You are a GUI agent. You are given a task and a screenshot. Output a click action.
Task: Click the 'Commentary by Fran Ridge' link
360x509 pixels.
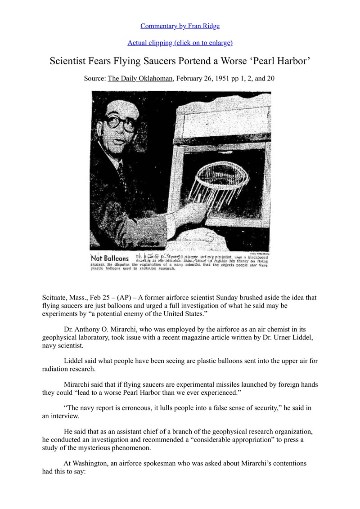click(180, 26)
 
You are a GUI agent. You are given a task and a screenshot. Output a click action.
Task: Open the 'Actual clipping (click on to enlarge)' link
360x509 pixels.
click(180, 43)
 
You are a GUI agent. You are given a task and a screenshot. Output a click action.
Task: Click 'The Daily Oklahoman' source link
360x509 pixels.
click(140, 78)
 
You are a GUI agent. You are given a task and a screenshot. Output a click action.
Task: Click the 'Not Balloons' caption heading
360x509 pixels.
click(110, 259)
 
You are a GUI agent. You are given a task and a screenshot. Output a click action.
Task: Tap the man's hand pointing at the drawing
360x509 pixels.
click(198, 209)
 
